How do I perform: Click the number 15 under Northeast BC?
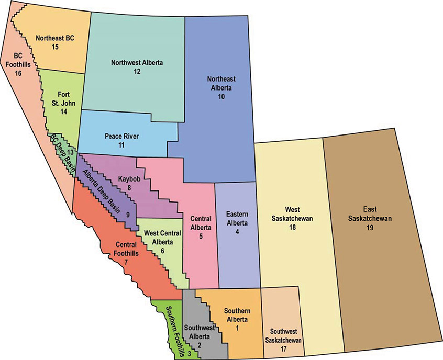click(54, 47)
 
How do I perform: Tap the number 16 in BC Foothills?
click(18, 74)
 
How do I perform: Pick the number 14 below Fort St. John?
click(64, 111)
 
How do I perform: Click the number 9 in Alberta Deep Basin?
click(127, 215)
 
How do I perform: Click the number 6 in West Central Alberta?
click(163, 251)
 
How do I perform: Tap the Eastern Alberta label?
click(237, 218)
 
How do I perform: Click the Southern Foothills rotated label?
click(174, 328)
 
